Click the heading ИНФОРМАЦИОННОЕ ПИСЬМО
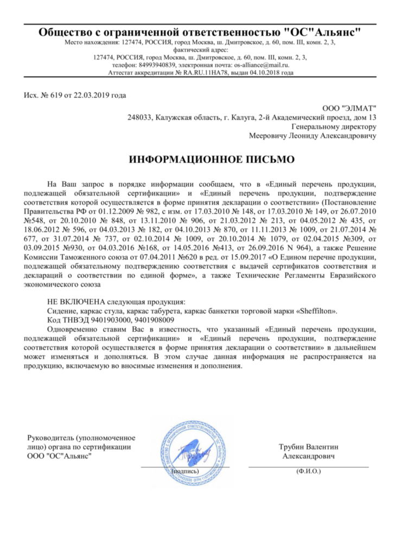212,160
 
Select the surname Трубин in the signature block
291,447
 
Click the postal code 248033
140,118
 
